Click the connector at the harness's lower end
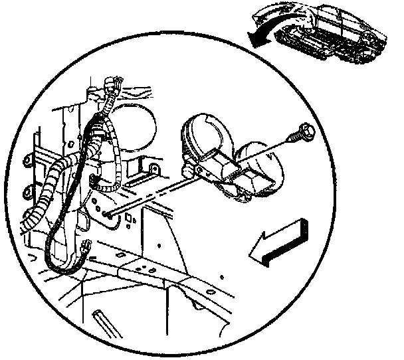pos(87,246)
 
